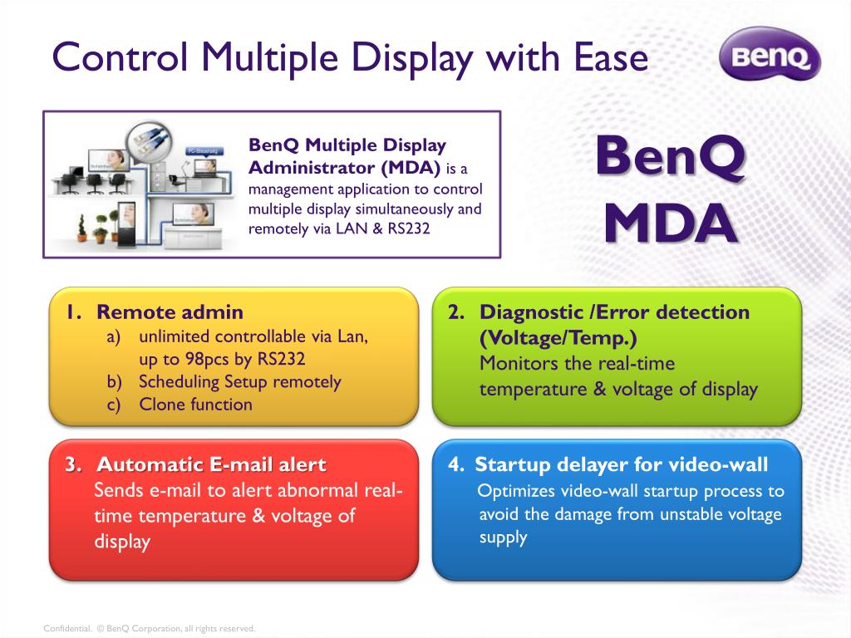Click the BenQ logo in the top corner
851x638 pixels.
[768, 56]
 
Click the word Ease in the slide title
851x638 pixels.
[610, 57]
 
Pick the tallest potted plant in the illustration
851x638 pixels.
[81, 225]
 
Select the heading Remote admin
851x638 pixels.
[170, 312]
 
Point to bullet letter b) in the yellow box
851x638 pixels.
[114, 382]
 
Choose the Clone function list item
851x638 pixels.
[195, 405]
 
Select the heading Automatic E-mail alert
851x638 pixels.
[211, 464]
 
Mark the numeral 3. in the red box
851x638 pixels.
[73, 464]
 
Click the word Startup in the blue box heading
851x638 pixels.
[508, 464]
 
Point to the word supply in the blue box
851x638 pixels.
[503, 537]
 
